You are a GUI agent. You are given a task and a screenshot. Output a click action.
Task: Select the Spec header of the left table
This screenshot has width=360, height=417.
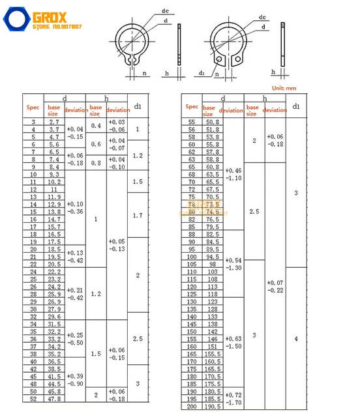(33, 107)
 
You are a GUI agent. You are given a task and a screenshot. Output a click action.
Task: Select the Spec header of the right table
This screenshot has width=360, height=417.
(192, 106)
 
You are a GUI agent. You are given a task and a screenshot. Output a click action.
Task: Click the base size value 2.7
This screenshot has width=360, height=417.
(55, 122)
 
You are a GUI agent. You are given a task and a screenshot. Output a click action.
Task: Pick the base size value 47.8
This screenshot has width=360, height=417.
(55, 399)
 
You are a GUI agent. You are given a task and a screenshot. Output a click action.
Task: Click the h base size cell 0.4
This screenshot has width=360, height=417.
(96, 126)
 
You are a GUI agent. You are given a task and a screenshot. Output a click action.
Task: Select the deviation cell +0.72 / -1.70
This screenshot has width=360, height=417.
(233, 398)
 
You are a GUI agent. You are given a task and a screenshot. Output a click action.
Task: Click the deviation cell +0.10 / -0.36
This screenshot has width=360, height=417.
(75, 208)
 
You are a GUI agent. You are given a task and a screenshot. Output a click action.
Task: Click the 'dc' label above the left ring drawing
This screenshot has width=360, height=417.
(164, 11)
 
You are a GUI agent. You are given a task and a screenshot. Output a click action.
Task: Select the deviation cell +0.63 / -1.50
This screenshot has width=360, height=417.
(233, 343)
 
